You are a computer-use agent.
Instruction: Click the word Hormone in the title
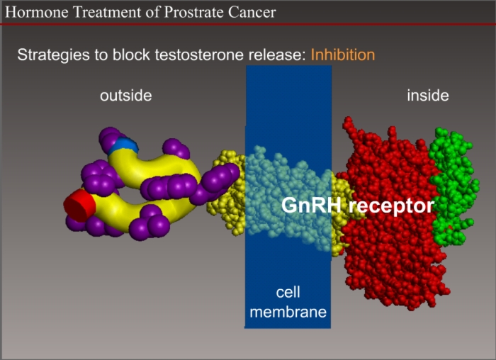tap(37, 12)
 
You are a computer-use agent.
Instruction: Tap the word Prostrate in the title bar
tap(194, 12)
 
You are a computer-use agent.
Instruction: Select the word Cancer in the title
tap(252, 12)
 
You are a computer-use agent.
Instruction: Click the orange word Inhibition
tap(343, 55)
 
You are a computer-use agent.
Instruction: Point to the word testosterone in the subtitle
tap(199, 55)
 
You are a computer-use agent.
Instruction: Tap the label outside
tap(126, 96)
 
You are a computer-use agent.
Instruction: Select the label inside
tap(428, 96)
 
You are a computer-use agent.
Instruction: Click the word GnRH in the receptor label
tap(311, 206)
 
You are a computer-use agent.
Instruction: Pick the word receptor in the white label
tap(391, 206)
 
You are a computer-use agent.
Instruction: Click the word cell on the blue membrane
tap(288, 292)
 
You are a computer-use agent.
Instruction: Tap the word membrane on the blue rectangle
tap(288, 312)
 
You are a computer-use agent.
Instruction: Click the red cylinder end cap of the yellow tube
tap(79, 206)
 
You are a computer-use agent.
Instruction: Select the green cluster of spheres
tap(453, 186)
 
